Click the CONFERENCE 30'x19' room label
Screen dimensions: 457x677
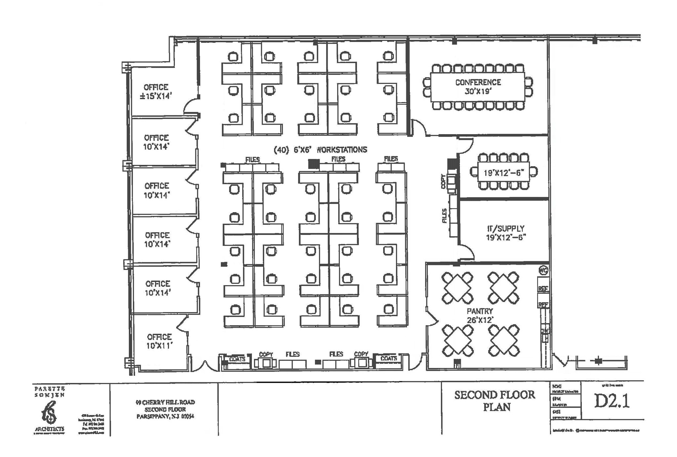[478, 87]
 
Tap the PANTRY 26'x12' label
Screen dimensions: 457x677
[480, 316]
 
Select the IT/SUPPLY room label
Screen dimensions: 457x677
[506, 233]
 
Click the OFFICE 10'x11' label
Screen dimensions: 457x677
[159, 341]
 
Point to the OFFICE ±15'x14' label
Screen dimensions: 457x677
[156, 92]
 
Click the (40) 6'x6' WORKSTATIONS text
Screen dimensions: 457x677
[320, 150]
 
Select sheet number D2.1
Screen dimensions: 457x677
[612, 401]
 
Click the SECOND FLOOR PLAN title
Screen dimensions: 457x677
[495, 400]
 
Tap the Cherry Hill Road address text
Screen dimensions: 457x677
[165, 409]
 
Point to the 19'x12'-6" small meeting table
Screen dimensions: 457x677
[503, 172]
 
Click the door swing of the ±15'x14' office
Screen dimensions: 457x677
[191, 106]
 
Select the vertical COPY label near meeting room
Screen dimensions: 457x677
[443, 181]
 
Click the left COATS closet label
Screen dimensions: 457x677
[237, 359]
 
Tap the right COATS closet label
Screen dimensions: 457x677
[388, 358]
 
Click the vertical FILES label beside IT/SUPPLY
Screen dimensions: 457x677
[445, 215]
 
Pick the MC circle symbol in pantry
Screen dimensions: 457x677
[543, 270]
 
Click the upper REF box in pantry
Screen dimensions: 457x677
[543, 288]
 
